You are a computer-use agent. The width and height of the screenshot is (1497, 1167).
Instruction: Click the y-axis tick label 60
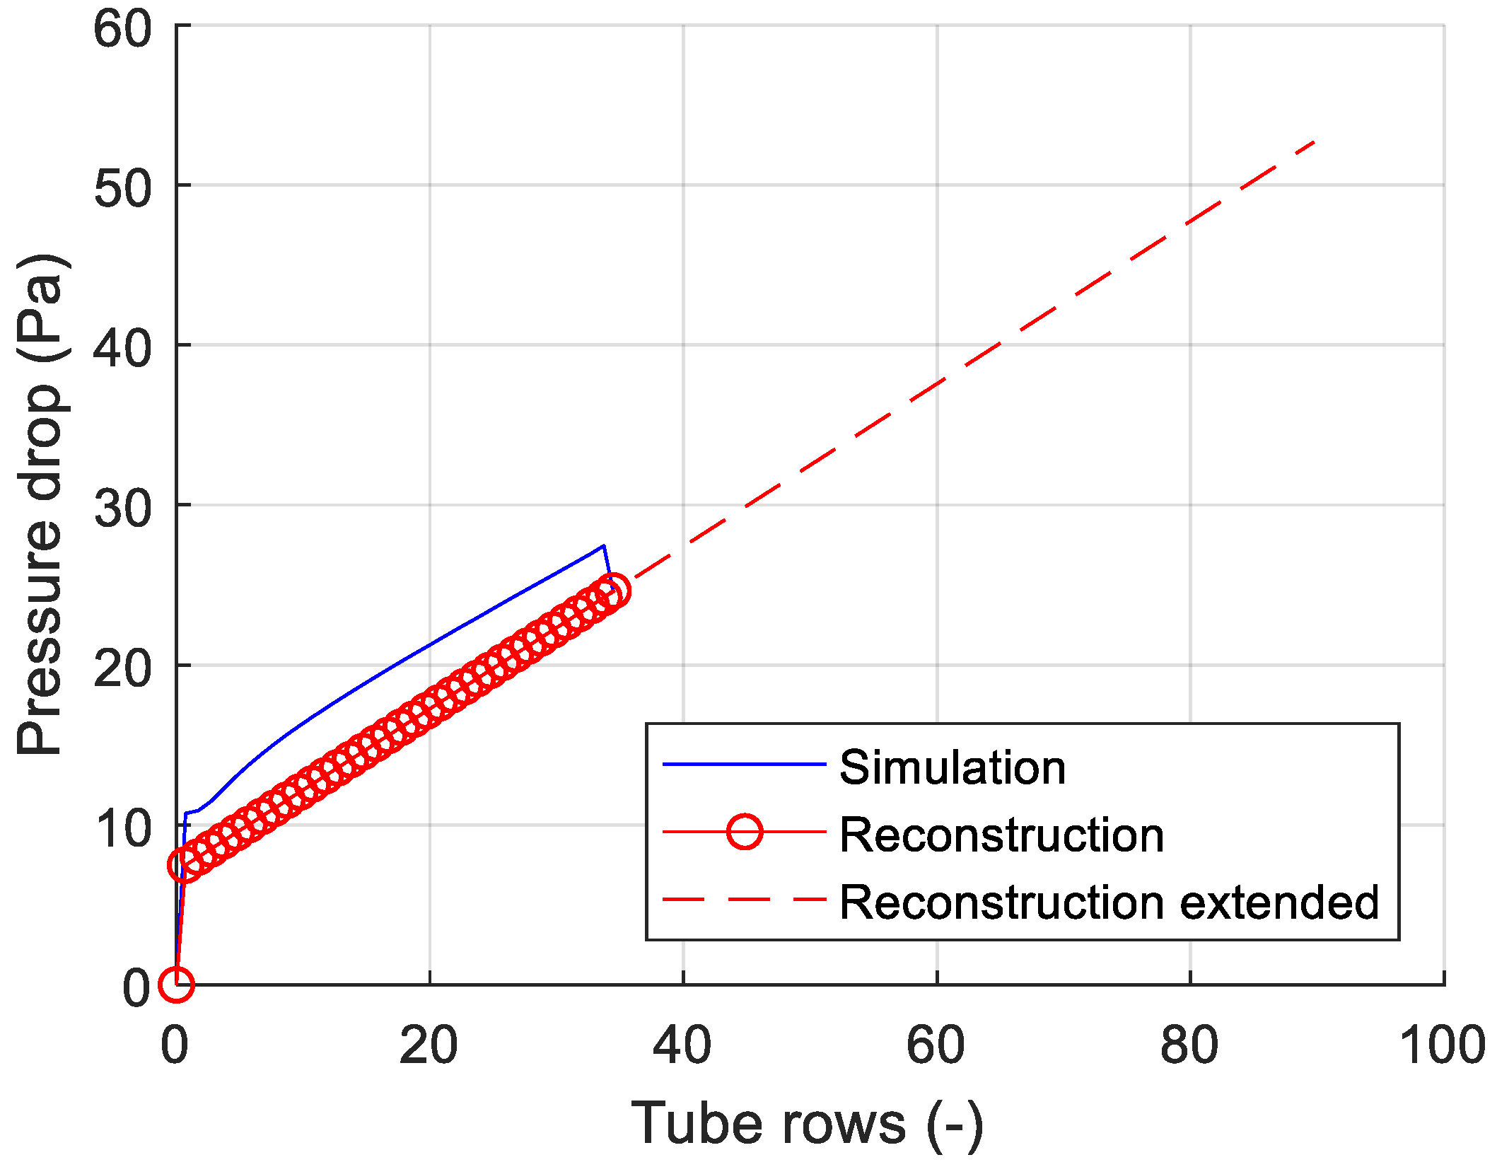point(122,30)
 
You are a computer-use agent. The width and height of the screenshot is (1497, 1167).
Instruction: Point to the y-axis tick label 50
point(122,190)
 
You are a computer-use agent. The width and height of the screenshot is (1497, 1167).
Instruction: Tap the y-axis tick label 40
point(122,349)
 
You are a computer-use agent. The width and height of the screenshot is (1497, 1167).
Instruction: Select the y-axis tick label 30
point(122,509)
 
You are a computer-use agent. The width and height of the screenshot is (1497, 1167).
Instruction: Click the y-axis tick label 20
point(122,669)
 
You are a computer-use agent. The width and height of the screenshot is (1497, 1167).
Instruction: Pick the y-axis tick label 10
point(122,829)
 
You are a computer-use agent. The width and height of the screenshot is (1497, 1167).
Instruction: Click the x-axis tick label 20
point(429,1046)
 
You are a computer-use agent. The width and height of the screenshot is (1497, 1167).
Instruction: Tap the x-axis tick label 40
point(682,1046)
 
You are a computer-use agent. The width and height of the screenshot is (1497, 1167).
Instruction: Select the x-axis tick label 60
point(936,1046)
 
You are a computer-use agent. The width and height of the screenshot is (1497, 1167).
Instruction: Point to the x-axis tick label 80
point(1189,1046)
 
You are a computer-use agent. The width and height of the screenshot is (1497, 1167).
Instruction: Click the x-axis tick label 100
point(1443,1046)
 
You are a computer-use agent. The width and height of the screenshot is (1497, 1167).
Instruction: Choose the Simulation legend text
point(952,767)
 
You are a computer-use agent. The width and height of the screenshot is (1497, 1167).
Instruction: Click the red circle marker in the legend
point(745,832)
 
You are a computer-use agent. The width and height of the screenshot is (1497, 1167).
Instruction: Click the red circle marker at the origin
point(176,984)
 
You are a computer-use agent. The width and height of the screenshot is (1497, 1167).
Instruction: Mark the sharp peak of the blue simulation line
point(603,545)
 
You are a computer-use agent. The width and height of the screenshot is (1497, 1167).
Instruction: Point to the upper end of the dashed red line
point(1314,142)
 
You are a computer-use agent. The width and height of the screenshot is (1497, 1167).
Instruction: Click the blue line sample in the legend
point(744,765)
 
